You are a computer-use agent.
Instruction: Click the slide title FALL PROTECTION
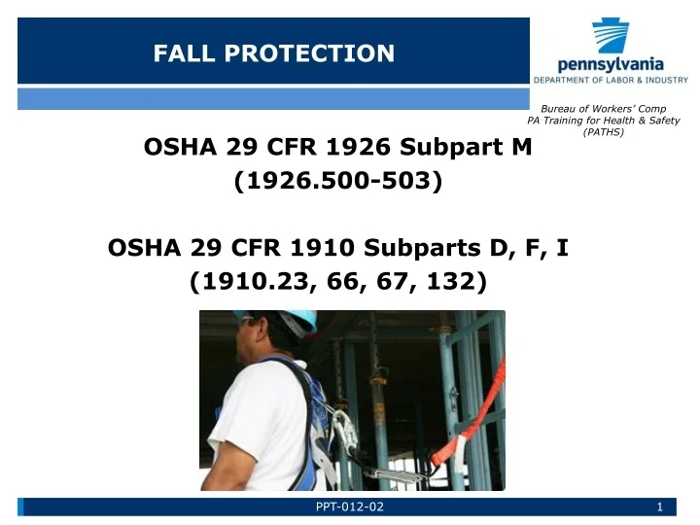coord(274,53)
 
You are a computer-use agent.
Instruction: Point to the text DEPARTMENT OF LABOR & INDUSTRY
coord(611,80)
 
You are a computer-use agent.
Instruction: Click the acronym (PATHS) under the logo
coord(604,132)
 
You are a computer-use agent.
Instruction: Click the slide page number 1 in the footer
coord(659,507)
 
